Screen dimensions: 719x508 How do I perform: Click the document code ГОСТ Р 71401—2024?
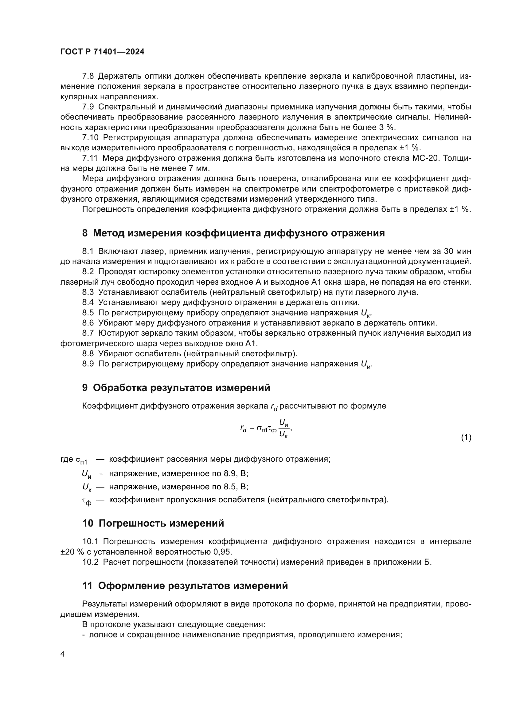coord(102,52)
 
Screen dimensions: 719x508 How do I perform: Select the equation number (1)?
coord(466,437)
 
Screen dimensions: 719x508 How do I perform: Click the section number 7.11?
coord(90,158)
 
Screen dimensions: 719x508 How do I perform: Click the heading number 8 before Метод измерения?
coord(85,233)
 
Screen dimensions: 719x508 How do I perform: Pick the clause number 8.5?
coord(88,313)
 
